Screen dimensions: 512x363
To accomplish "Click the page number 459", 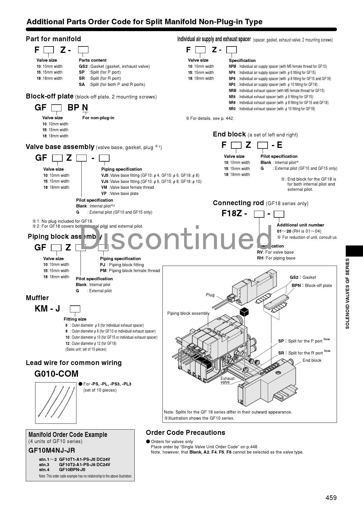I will click(x=331, y=497).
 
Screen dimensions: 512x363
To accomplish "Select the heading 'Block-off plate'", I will click(x=50, y=96).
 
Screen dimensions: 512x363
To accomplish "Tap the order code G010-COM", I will click(x=56, y=374).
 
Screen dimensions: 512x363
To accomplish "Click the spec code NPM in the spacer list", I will click(x=232, y=66).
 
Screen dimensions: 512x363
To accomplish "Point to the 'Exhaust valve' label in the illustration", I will click(x=227, y=380).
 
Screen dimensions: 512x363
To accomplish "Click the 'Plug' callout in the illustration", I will click(x=210, y=295).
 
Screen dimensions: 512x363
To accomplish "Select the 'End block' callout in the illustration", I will click(x=312, y=360).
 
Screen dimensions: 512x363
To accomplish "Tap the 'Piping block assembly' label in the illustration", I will click(x=188, y=313).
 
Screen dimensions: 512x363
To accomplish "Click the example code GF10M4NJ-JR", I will click(x=52, y=450).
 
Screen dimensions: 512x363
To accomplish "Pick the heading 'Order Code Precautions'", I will click(x=185, y=433).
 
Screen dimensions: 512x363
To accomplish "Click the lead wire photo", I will click(x=56, y=403).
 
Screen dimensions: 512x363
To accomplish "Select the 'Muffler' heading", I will click(x=37, y=298).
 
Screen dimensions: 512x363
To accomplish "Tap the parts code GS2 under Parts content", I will click(x=83, y=66).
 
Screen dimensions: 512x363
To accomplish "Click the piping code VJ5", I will click(x=105, y=175).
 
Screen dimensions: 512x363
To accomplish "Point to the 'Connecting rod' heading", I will click(x=238, y=203).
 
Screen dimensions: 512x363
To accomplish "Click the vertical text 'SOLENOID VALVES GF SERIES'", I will click(x=347, y=293).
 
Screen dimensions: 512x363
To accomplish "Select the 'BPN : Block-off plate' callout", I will click(x=311, y=286).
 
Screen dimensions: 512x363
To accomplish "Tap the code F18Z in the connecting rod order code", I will click(x=232, y=214).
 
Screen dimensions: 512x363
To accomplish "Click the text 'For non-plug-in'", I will click(x=98, y=118).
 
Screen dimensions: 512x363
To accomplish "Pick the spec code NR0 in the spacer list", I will click(x=232, y=109).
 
